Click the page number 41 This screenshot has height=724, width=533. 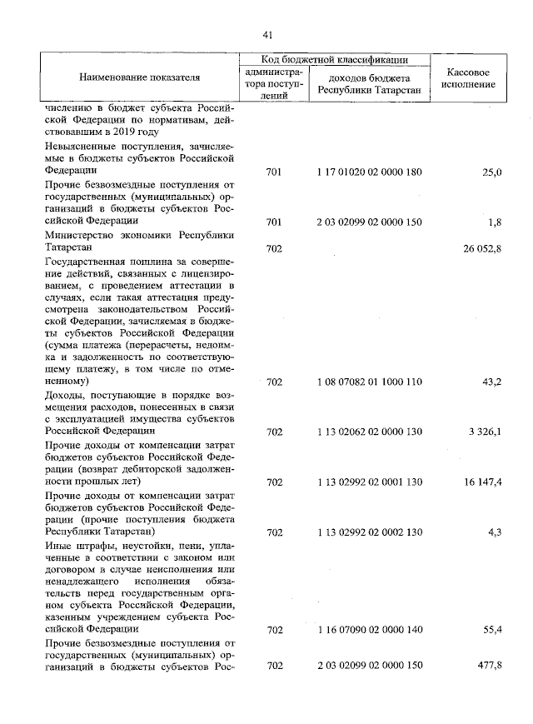[x=267, y=34]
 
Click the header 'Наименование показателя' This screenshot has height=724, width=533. [x=140, y=77]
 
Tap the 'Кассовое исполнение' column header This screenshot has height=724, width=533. [x=471, y=77]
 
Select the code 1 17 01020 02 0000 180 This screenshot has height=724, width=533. [x=370, y=172]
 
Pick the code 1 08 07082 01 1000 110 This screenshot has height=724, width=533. [x=370, y=382]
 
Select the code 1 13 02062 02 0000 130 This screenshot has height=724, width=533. [x=370, y=432]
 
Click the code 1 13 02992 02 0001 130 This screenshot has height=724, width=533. [x=370, y=482]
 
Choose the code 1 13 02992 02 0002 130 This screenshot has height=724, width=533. [x=370, y=532]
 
